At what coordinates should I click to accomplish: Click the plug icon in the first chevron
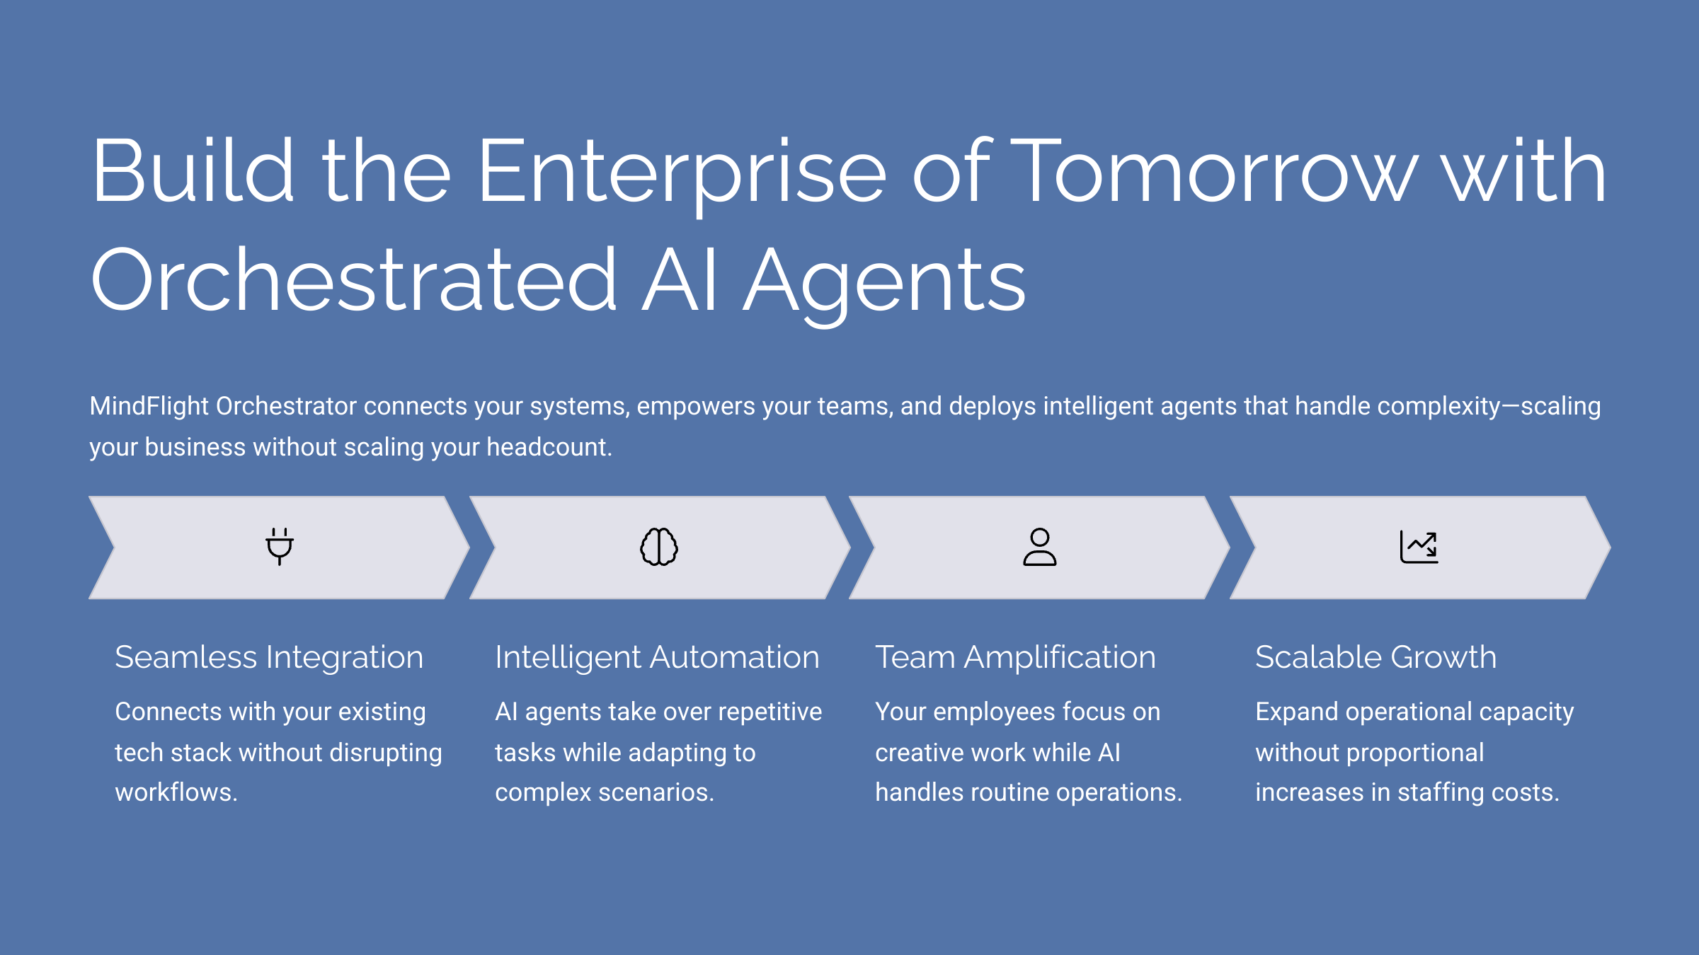coord(280,546)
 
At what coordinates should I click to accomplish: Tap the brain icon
coord(659,547)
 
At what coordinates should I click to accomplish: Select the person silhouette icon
coord(1039,547)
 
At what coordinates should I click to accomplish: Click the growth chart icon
coord(1419,547)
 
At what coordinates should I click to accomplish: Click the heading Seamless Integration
coord(269,657)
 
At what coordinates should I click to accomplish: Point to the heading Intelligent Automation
coord(657,657)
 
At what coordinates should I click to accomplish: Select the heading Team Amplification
coord(1015,657)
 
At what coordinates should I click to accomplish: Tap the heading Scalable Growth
coord(1375,657)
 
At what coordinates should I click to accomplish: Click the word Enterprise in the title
coord(682,172)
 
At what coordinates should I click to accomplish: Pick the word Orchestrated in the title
coord(354,280)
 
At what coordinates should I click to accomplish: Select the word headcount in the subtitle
coord(549,447)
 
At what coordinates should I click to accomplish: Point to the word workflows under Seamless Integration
coord(176,792)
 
